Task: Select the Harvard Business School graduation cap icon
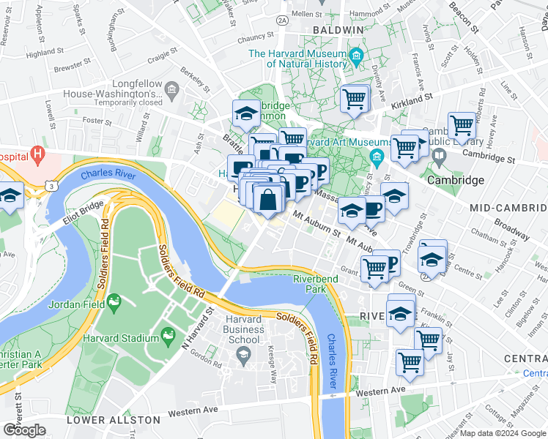[242, 355]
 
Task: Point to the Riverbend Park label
[315, 285]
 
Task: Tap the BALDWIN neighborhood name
[338, 30]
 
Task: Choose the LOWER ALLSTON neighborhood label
[113, 420]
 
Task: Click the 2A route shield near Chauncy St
[282, 21]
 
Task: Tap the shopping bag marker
[269, 199]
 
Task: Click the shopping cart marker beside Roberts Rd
[462, 125]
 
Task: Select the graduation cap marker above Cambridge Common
[245, 113]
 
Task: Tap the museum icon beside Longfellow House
[172, 91]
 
